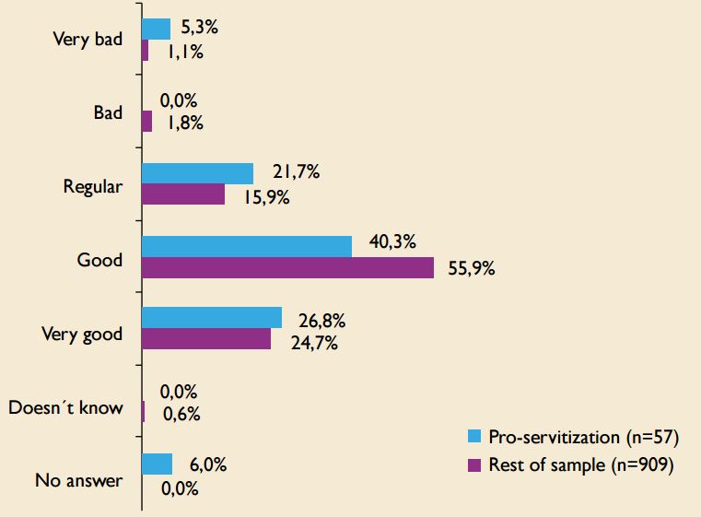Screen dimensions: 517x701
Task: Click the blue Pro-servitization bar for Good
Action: point(246,246)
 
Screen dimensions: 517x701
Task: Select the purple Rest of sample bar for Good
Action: point(287,268)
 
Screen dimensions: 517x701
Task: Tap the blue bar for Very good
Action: point(211,318)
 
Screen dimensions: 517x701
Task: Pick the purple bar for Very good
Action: point(206,339)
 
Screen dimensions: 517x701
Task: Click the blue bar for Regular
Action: point(197,173)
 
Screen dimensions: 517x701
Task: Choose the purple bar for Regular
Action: point(183,194)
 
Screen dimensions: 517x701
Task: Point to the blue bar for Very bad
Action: point(156,29)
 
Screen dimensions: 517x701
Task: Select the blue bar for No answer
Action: point(157,464)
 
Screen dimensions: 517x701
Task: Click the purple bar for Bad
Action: point(146,122)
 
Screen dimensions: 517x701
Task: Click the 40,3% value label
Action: point(391,242)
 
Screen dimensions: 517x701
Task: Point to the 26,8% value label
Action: point(321,323)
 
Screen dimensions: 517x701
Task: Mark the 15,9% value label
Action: point(265,199)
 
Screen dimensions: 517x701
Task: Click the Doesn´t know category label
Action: point(65,406)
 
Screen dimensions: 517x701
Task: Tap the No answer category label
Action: point(78,480)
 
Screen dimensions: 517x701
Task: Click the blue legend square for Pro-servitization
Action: point(474,436)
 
